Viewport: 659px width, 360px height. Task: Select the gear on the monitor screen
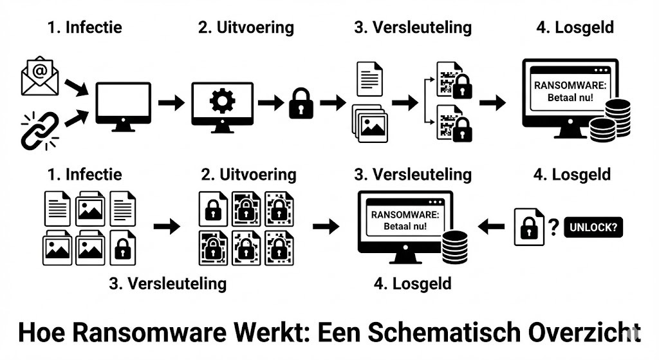point(222,102)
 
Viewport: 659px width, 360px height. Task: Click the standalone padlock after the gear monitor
point(301,103)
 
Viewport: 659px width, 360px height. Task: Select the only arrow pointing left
point(492,226)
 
